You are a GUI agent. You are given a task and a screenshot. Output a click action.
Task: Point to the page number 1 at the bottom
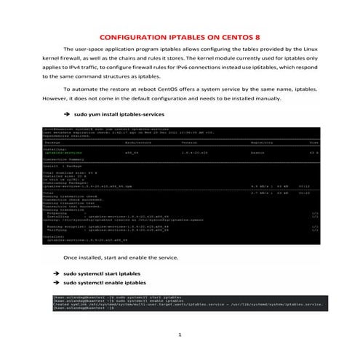(180, 334)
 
